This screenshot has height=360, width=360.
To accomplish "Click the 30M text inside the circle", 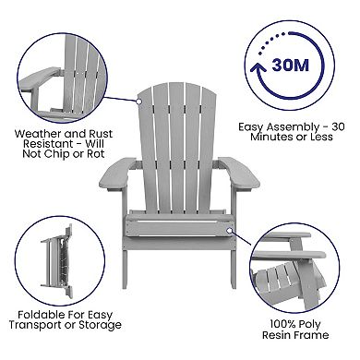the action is coord(290,65).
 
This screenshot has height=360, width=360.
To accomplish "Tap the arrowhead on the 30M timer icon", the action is coord(258,68).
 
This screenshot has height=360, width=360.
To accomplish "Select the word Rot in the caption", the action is coord(96,154).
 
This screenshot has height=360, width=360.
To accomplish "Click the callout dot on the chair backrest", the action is coord(138,101).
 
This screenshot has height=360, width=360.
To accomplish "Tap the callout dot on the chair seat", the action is coord(229,231).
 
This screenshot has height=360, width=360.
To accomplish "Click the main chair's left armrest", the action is coord(117,174).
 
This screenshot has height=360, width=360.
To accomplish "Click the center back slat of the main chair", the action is coord(176,148).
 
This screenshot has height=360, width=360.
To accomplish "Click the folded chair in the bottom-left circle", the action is coord(58,261).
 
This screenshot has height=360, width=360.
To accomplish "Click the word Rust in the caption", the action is coord(101,134).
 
